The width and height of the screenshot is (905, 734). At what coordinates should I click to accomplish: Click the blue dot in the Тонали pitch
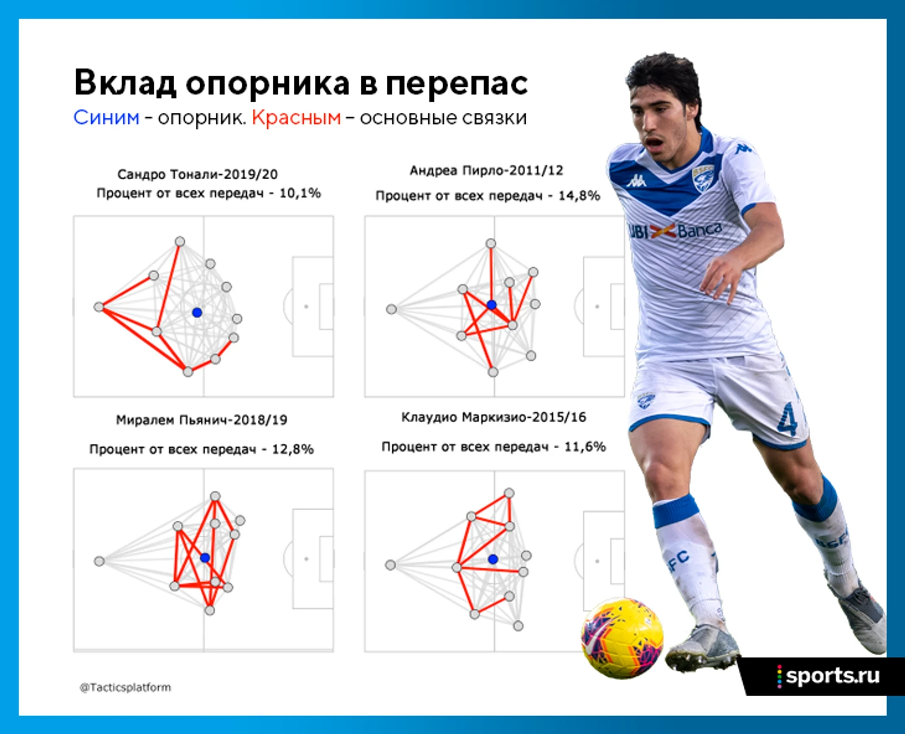tap(196, 312)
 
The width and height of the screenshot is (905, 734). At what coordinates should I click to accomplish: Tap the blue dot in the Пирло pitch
tap(492, 304)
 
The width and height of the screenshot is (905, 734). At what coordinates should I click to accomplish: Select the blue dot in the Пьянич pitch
tap(205, 558)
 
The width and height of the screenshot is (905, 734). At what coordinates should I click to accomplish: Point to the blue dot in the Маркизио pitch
tap(493, 559)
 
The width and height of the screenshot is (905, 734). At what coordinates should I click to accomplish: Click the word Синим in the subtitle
tap(106, 117)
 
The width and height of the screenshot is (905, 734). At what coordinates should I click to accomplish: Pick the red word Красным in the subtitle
tap(296, 118)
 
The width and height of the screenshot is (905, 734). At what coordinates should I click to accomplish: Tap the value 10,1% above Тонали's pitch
tap(300, 193)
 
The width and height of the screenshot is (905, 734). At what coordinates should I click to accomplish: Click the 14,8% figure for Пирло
tap(579, 196)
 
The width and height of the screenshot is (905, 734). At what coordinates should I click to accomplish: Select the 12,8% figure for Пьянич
tap(293, 449)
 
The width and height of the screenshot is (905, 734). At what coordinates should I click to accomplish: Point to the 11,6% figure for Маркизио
tap(585, 446)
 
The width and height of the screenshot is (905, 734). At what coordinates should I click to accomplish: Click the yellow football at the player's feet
tap(622, 638)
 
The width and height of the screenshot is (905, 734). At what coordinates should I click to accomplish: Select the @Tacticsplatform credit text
tap(125, 688)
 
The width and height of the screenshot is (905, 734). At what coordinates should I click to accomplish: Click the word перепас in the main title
tap(457, 84)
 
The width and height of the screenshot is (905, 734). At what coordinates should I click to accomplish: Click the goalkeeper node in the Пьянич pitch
tap(99, 562)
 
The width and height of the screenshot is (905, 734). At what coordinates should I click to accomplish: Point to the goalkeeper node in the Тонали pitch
tap(99, 307)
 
